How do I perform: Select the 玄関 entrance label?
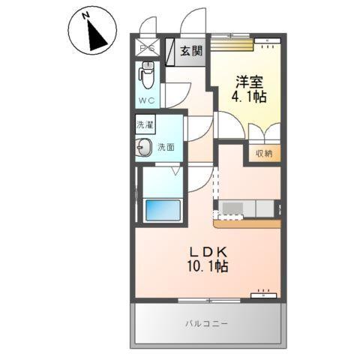[x=191, y=51]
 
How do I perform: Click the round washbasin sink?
[x=143, y=147]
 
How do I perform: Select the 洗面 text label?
[x=166, y=148]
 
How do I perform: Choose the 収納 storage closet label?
[x=263, y=153]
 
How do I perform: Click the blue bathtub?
[x=161, y=211]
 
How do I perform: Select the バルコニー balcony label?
[x=207, y=323]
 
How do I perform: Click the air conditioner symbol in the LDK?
[x=263, y=295]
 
